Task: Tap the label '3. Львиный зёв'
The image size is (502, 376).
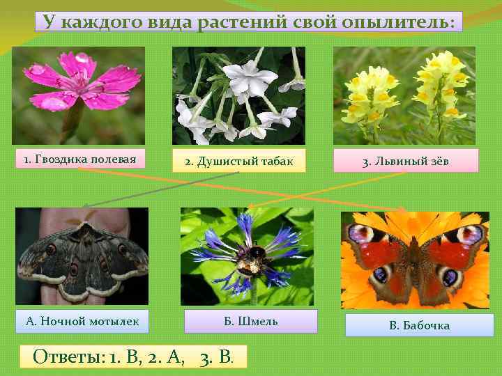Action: [x=406, y=162]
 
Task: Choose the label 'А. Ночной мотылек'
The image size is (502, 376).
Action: [x=82, y=321]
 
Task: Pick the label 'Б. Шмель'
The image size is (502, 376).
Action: [x=250, y=321]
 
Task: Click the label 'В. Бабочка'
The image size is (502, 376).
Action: [x=419, y=325]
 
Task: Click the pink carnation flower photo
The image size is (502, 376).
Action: [x=78, y=95]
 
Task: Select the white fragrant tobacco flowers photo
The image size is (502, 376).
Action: [x=238, y=95]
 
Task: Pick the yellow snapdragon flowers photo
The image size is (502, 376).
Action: [x=404, y=95]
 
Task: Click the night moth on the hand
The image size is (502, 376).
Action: [x=82, y=254]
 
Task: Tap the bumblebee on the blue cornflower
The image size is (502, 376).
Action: [x=248, y=258]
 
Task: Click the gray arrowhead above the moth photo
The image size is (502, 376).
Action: [x=85, y=206]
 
